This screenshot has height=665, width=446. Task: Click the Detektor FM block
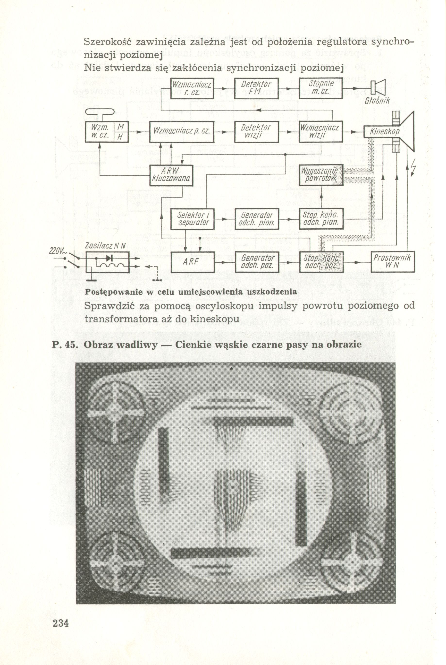coord(256,88)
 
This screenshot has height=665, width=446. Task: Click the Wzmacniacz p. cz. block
coord(181,132)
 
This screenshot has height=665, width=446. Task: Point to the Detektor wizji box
coord(256,132)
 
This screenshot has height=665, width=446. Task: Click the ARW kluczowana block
coord(171,175)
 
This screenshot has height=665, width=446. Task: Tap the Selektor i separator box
coord(192,219)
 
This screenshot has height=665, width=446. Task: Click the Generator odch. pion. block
coord(256,219)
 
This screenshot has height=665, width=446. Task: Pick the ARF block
coord(192,262)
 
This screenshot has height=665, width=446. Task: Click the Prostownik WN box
coord(393,262)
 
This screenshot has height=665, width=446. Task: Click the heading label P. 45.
coord(65,345)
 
